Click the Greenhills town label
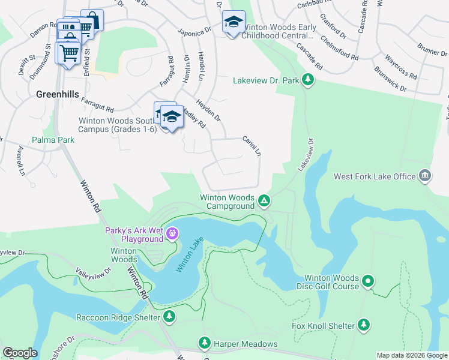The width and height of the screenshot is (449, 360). tap(59, 94)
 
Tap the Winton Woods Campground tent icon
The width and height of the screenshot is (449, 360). tap(264, 200)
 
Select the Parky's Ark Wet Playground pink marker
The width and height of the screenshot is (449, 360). tap(173, 232)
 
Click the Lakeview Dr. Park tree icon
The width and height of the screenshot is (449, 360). tap(308, 79)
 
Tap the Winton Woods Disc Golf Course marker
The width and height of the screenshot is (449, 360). tap(369, 280)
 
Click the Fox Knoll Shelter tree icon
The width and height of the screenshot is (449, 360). tap(363, 325)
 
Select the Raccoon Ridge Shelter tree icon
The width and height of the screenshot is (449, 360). tap(169, 316)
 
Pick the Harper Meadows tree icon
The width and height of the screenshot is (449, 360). tap(205, 342)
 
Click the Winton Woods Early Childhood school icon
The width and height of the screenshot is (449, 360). tap(233, 23)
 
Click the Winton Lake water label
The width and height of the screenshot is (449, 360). tap(190, 259)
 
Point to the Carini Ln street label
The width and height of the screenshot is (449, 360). tap(252, 146)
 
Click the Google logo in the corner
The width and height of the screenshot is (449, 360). tap(20, 353)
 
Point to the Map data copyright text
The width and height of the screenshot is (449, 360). tap(412, 355)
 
